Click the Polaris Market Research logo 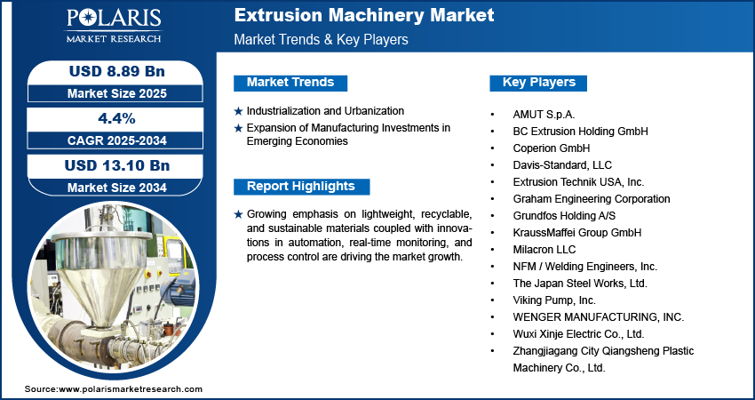(x=114, y=26)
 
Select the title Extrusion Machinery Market (x=364, y=15)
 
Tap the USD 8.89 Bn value (x=117, y=71)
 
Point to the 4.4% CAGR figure (x=117, y=118)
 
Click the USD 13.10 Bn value (x=117, y=165)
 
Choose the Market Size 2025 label (x=117, y=93)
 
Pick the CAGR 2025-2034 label (x=117, y=140)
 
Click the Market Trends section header (x=290, y=83)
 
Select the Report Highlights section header (x=301, y=187)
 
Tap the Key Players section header (x=538, y=83)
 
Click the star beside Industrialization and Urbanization (x=238, y=111)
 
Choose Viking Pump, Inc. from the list (x=554, y=300)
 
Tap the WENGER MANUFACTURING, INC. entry (x=599, y=317)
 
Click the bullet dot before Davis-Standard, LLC (x=492, y=165)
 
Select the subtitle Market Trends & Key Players (x=322, y=39)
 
